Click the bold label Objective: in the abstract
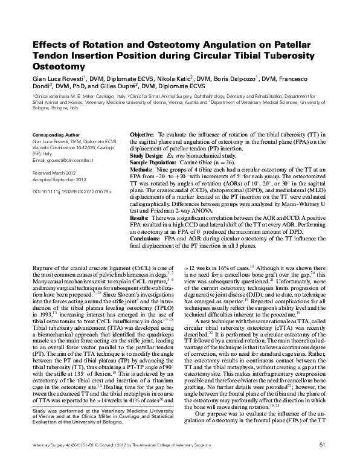142,134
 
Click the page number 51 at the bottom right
322,462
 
